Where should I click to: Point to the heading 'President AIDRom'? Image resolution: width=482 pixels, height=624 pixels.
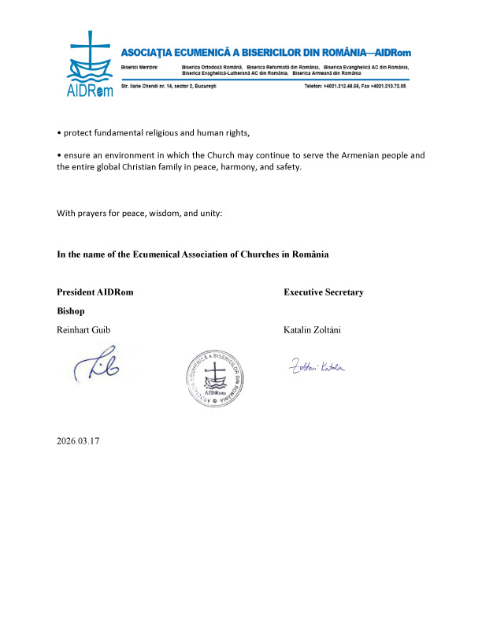point(95,292)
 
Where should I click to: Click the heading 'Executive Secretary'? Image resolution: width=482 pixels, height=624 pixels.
point(323,292)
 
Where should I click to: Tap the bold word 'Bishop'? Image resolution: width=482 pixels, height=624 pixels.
point(71,311)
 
